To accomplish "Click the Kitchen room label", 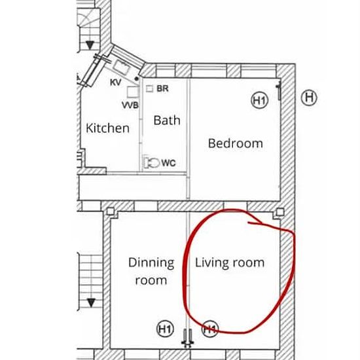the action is click(x=107, y=128).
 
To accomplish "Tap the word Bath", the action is click(x=167, y=120).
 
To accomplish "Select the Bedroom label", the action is click(x=236, y=143).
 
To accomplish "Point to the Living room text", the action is click(x=229, y=263).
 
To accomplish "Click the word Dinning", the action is click(x=151, y=263).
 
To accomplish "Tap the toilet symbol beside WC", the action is click(x=152, y=163).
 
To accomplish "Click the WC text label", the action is click(x=168, y=163).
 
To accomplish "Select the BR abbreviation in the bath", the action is click(x=162, y=88).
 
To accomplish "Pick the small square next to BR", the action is click(x=150, y=88).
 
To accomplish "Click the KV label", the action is click(x=115, y=82).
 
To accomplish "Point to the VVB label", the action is click(x=130, y=105).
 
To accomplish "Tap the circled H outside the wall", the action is click(x=309, y=98).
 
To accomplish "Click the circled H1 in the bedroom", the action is click(x=260, y=101).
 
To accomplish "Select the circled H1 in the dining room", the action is click(x=165, y=329).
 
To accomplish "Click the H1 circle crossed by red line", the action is click(x=210, y=329).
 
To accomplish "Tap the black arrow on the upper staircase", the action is click(x=90, y=45).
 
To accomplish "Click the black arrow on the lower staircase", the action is click(x=91, y=303).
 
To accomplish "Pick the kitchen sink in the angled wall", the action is click(x=122, y=66).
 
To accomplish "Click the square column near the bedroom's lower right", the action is click(x=280, y=211).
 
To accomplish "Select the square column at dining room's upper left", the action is click(x=111, y=211).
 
